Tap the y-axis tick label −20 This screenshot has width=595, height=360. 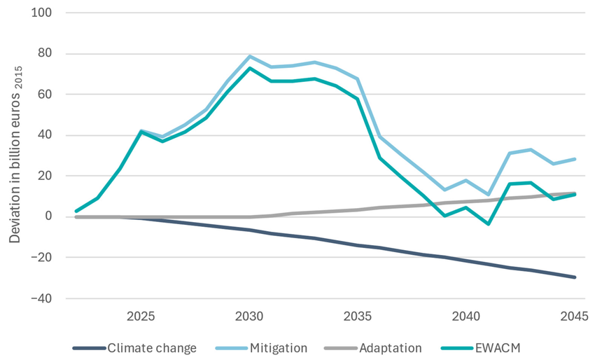(48, 258)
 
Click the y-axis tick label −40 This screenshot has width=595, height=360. (48, 298)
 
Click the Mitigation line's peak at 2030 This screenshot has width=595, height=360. (250, 56)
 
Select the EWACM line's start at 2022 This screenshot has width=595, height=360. (76, 211)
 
